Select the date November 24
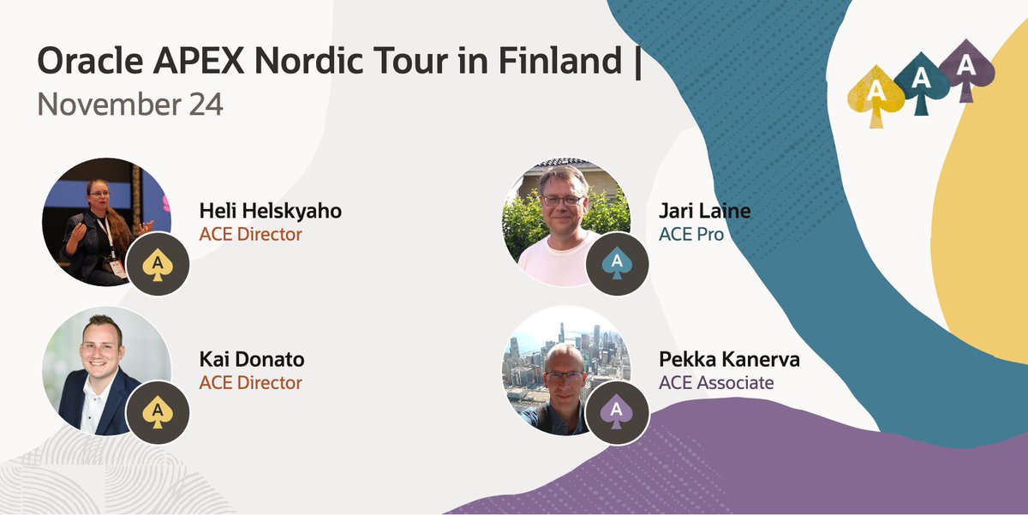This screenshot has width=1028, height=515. tap(130, 105)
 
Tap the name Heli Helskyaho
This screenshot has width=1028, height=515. tap(270, 211)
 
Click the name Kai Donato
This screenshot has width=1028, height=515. tap(251, 359)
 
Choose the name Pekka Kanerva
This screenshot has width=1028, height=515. tap(729, 359)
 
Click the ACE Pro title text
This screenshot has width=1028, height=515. tap(690, 234)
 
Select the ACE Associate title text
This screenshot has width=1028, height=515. tap(716, 382)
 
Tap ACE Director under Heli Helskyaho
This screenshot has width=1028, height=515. tap(250, 234)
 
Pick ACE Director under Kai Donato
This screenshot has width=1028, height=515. tap(250, 382)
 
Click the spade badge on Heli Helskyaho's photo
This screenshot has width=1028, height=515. tap(157, 264)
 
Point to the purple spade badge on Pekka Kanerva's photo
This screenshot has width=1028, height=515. tap(617, 412)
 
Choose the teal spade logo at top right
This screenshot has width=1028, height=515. tap(921, 83)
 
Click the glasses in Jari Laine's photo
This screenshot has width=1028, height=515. tap(563, 200)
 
